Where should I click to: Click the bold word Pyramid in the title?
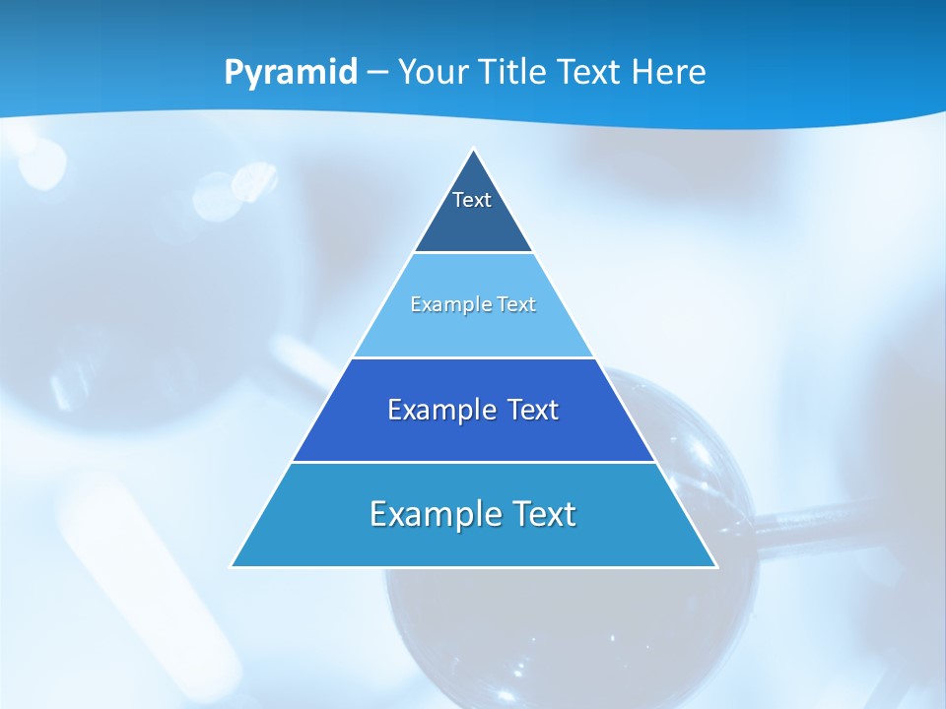291,73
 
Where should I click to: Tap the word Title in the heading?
516,73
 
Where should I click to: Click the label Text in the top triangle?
472,200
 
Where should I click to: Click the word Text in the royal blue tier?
531,410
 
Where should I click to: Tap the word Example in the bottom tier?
436,514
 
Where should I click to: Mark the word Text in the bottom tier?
545,514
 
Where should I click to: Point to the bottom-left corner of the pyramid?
233,565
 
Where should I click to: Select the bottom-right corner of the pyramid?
715,565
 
